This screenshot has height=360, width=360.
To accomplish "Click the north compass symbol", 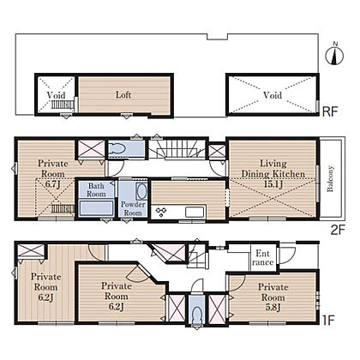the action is [x=334, y=54].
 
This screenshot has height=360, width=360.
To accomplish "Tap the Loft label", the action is [x=123, y=94].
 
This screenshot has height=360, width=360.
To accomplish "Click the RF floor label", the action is [x=330, y=111].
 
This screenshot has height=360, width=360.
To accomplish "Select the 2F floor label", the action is [x=338, y=230].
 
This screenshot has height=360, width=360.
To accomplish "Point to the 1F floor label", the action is [x=328, y=321].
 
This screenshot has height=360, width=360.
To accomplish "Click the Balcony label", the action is [x=330, y=178].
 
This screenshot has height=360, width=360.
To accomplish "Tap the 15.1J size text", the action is [x=273, y=184].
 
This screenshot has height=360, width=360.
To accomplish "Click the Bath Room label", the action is [x=96, y=189].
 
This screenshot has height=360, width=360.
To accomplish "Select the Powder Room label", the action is [x=133, y=208].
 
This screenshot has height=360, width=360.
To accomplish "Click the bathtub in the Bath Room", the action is [x=96, y=208].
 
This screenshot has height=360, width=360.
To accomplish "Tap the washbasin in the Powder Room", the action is [x=141, y=191].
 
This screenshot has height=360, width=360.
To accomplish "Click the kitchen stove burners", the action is [x=161, y=212].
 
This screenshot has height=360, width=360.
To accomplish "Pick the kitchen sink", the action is [x=195, y=213].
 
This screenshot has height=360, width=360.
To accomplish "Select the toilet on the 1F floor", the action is [x=196, y=315].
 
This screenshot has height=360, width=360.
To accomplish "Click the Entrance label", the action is [x=263, y=258].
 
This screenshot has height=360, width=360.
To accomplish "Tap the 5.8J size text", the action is [x=273, y=308].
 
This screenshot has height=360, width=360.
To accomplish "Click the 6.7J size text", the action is [x=53, y=184].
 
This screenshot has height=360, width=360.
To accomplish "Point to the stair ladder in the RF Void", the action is [x=63, y=105].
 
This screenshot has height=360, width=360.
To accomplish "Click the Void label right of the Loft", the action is [x=273, y=95].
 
